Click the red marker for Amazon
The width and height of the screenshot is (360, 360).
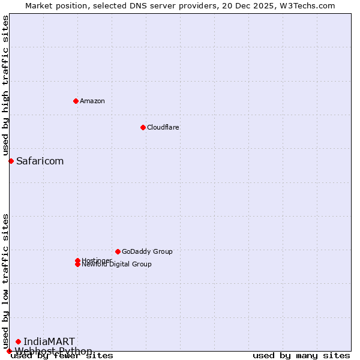pos(76,101)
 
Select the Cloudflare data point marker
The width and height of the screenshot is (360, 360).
pos(143,127)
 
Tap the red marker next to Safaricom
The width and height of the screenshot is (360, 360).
pos(11,161)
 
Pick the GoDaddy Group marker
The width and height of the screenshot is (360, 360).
pos(118,251)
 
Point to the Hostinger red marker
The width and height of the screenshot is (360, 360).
pos(77,260)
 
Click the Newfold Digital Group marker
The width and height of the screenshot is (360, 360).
pos(77,265)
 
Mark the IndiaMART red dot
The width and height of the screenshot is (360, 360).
pos(18,341)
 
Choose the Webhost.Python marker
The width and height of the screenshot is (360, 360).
pos(9,351)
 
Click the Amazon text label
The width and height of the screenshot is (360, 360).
pos(92,101)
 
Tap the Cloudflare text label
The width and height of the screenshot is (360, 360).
pos(163,127)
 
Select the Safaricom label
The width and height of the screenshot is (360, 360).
pos(40,161)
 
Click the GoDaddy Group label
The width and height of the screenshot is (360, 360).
pos(147,251)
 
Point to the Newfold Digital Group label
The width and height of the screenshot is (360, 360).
pos(117,265)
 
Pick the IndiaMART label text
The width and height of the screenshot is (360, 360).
pos(49,341)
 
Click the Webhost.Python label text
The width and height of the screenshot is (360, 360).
pos(53,351)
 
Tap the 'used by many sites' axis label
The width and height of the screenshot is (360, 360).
pos(301,356)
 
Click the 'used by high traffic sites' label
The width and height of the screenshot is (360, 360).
pos(5,86)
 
